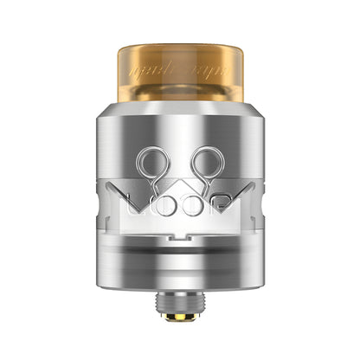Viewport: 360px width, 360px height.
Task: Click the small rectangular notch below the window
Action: pos(180,232)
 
